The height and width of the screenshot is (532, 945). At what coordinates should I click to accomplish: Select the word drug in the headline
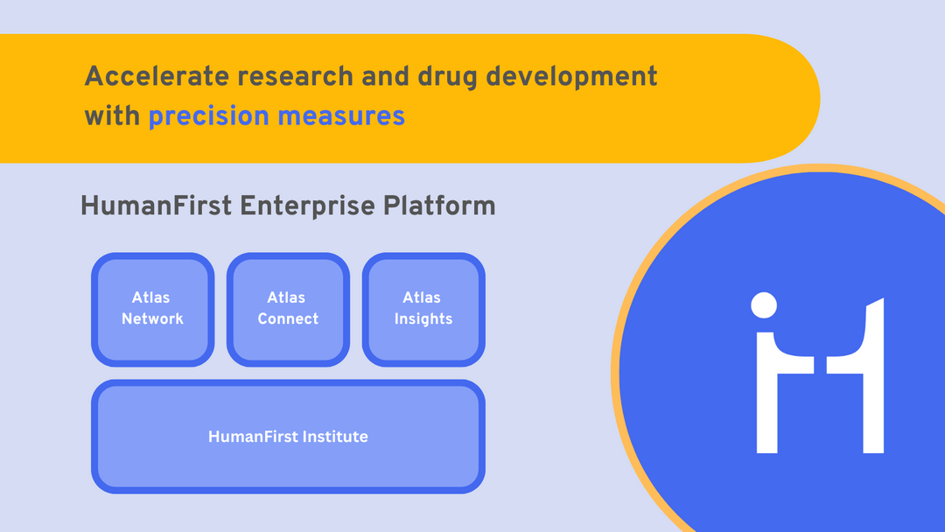[x=444, y=76]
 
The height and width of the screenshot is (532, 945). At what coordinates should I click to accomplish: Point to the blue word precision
[x=209, y=115]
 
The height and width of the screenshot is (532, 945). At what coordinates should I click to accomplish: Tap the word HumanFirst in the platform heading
[x=156, y=206]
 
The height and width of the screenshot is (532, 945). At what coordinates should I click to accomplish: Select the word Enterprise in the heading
[x=308, y=206]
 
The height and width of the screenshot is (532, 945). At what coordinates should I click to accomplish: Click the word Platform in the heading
[x=440, y=206]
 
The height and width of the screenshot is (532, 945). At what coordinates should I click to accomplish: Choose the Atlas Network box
[x=152, y=309]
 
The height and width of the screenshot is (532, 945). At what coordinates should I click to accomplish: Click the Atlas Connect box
[x=288, y=309]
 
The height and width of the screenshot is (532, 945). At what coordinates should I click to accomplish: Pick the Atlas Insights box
[x=423, y=309]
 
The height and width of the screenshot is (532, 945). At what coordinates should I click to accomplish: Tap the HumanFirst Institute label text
[x=288, y=436]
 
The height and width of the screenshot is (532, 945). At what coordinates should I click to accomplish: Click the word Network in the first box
[x=152, y=319]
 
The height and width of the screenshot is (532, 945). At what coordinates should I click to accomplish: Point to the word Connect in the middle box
[x=288, y=319]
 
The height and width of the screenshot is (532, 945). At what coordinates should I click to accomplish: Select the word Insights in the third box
[x=423, y=319]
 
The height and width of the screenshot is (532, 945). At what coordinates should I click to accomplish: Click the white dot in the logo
[x=764, y=305]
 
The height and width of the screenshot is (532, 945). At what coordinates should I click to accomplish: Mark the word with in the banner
[x=112, y=115]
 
